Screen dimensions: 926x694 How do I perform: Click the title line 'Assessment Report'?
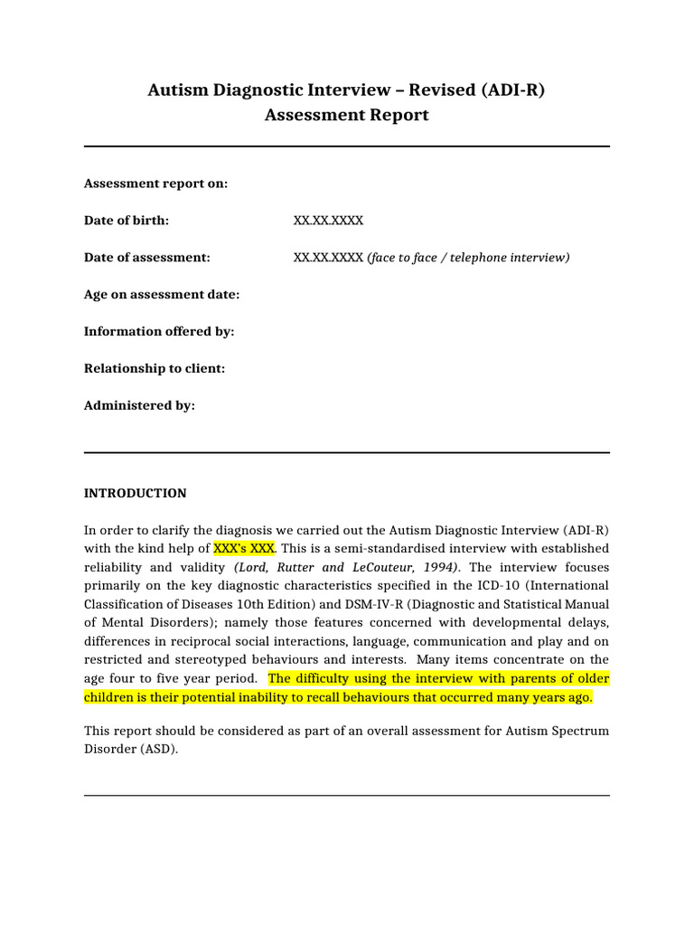coord(346,115)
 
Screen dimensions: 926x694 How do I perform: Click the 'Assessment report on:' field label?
coord(155,184)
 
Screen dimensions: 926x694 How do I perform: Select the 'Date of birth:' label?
coord(127,221)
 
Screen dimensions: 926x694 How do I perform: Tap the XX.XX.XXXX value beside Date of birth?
coord(328,221)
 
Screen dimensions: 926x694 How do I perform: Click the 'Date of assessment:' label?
coord(146,258)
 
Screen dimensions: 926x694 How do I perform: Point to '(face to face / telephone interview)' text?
coord(468,258)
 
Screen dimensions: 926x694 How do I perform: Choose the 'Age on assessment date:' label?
coord(162,295)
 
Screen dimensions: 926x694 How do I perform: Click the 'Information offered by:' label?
coord(159,332)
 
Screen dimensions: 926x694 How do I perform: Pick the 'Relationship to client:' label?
coord(155,369)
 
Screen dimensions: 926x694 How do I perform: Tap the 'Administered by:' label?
coord(139,406)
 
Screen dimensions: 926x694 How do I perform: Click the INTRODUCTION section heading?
coord(135,494)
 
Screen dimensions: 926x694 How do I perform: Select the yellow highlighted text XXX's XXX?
coord(243,549)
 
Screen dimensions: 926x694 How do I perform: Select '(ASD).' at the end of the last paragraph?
coord(157,749)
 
